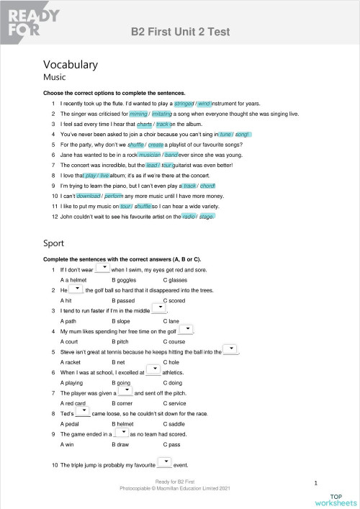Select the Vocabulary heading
(71, 64)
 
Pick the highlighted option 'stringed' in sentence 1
(184, 104)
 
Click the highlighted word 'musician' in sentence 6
(149, 155)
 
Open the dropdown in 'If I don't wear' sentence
(102, 268)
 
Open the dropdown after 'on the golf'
(186, 329)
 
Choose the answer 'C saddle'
(176, 425)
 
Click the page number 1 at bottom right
(316, 483)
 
